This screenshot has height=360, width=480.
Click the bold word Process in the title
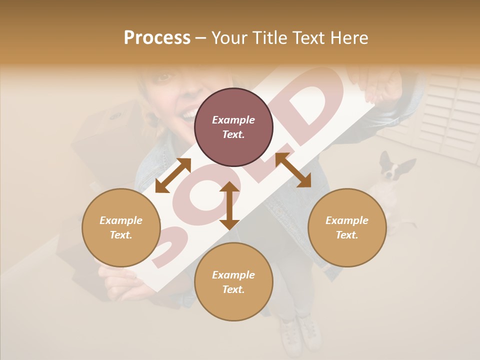[157, 38]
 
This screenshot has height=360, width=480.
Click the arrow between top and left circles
[173, 175]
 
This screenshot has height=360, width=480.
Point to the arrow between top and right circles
[293, 170]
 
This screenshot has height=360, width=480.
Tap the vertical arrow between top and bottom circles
[229, 205]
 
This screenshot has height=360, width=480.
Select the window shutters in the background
[450, 115]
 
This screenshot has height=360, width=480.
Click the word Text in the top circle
[233, 134]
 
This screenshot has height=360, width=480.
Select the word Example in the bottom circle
[233, 274]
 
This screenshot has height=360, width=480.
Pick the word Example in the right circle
[347, 220]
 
